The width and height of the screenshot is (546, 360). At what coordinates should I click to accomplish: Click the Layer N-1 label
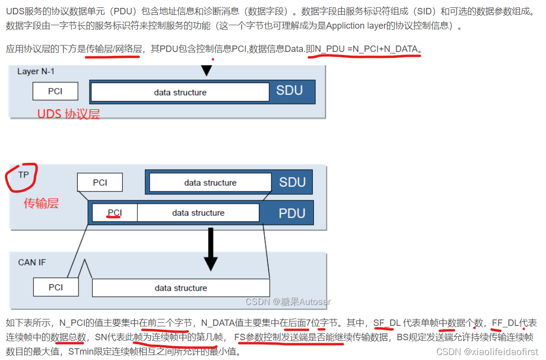pos(36,71)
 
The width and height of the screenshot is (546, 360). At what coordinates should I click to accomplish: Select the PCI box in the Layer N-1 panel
pos(55,91)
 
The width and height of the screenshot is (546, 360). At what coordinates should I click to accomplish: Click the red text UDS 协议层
pos(69,114)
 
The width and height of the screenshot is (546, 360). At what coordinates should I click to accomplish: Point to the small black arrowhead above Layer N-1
pos(206,71)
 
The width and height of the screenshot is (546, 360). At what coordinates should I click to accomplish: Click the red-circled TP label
pos(23,175)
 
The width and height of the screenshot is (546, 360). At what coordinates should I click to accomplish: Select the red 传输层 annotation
pos(42,203)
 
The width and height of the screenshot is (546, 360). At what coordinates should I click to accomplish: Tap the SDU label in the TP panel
pos(292,182)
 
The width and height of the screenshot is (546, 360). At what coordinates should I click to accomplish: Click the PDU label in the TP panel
pos(292,213)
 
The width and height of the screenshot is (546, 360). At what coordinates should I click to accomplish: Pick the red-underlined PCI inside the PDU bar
pos(115,213)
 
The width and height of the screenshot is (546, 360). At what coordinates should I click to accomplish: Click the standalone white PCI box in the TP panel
pos(100,182)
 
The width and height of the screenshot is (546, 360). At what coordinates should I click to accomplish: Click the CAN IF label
pos(32,262)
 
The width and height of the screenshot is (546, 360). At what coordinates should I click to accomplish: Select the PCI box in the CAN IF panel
pos(56,287)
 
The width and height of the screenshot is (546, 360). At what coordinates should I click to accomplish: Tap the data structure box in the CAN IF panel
pos(181,288)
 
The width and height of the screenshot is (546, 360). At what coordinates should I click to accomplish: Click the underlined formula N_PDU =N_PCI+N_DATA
pos(366,48)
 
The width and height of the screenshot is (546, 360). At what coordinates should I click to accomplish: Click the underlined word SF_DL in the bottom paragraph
pos(387,323)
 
